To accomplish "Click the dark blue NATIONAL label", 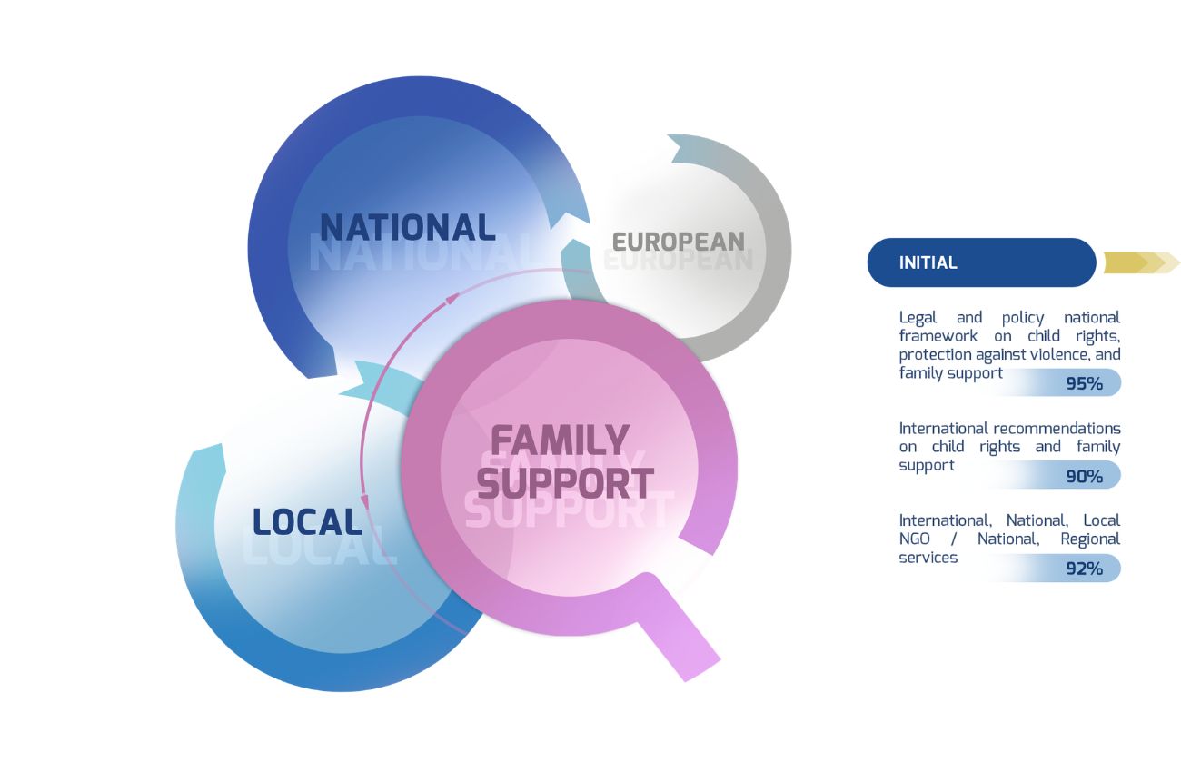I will [407, 227].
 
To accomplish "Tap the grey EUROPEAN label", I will [678, 242].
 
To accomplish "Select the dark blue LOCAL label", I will [307, 522].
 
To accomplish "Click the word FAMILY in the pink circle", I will [560, 441].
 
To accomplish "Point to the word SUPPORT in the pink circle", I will [565, 483].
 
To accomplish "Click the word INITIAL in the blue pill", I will [928, 262].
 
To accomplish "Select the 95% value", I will [1084, 384].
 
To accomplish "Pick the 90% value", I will [1084, 476].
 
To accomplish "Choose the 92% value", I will [1084, 569].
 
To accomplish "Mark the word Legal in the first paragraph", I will [918, 317].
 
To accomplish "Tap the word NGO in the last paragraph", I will [917, 539].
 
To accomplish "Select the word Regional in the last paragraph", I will [1090, 539].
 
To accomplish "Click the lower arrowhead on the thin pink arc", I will [365, 501].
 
